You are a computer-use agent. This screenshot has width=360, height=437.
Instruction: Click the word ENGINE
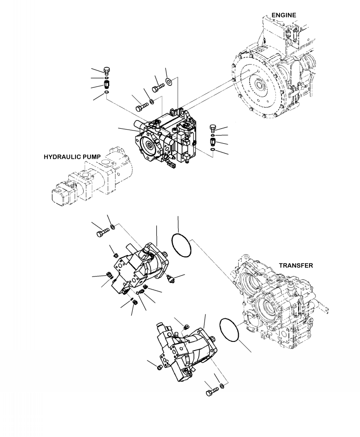(284, 15)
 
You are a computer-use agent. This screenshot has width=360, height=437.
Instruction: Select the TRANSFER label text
(295, 265)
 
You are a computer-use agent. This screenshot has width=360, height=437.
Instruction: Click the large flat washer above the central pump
(168, 81)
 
